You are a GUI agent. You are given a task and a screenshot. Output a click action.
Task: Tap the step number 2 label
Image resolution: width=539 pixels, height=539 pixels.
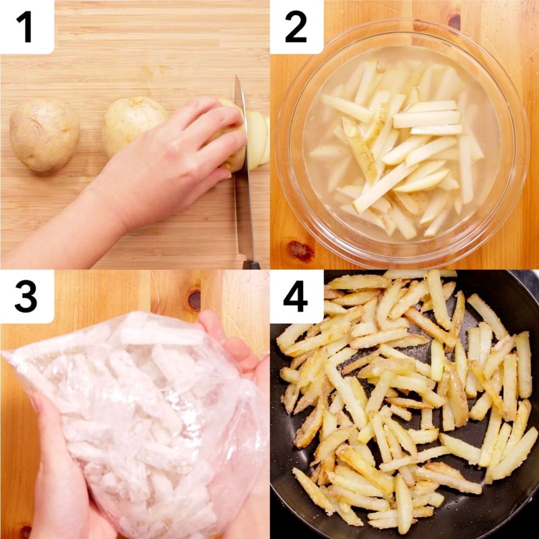click(x=296, y=27)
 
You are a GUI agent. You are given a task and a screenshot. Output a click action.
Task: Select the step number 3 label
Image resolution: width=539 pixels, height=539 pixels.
click(x=26, y=296)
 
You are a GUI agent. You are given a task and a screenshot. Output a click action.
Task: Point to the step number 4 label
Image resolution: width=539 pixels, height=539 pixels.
click(x=295, y=296)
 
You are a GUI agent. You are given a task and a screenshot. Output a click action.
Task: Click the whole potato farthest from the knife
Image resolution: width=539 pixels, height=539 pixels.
click(x=44, y=134)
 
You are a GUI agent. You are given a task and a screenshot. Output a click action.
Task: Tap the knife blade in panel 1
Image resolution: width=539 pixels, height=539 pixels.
click(x=243, y=165)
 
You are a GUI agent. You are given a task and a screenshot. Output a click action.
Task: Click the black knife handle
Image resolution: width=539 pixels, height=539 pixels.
click(x=251, y=265)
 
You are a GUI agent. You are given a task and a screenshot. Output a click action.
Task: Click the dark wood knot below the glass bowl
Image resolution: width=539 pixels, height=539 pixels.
click(x=301, y=251)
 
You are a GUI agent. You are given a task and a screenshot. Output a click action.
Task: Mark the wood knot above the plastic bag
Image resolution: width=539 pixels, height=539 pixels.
click(x=194, y=300)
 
